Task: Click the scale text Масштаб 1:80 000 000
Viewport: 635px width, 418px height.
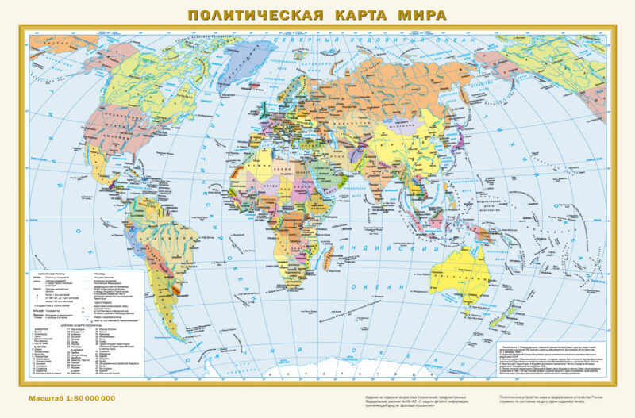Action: coord(71,396)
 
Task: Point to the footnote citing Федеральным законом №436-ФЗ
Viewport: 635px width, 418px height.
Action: coord(413,401)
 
